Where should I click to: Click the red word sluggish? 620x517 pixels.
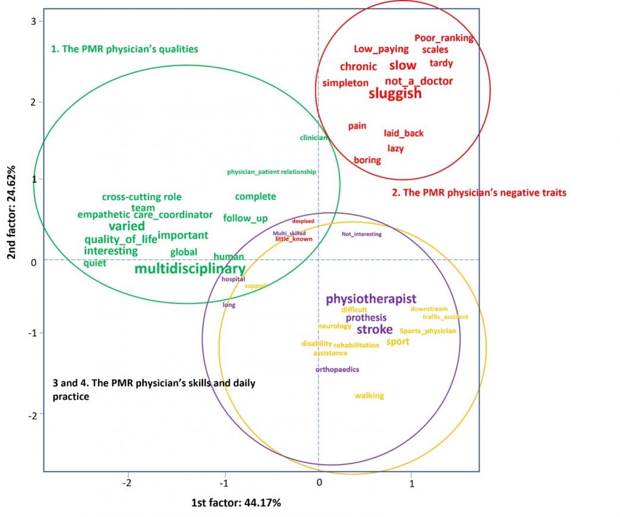(395, 94)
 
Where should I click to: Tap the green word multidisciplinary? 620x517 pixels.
(190, 270)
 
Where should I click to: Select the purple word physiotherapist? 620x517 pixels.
(371, 299)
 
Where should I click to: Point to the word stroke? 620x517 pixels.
(374, 330)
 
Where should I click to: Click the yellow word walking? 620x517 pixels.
(369, 396)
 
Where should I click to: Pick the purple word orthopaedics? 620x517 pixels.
(337, 369)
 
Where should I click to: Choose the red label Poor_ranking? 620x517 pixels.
(443, 38)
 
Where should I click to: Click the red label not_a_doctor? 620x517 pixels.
(418, 81)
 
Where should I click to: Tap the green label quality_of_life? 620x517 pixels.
(121, 239)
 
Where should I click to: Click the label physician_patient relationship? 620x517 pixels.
(271, 172)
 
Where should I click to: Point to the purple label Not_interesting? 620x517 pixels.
(361, 234)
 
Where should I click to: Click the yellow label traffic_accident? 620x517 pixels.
(445, 317)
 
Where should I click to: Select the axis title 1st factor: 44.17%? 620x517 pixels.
(236, 503)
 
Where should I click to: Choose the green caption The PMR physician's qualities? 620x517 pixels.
(124, 49)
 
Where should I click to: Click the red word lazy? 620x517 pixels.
(395, 148)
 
